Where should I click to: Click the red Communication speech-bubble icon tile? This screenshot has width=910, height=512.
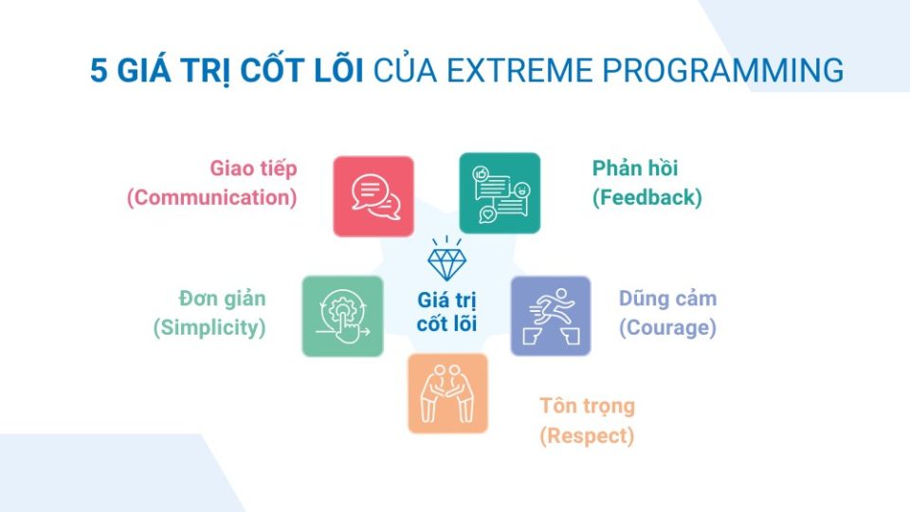coord(373,196)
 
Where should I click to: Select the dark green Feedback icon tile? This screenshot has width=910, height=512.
coord(500,193)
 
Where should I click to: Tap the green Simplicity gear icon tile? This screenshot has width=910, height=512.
coord(342,316)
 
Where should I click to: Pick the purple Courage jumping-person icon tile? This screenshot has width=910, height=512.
coord(550,316)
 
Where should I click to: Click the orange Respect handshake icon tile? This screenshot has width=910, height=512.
coord(447,393)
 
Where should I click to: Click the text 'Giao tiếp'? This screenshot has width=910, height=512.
coord(253,169)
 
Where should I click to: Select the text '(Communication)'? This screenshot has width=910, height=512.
coord(212,198)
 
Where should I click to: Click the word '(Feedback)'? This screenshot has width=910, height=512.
coord(647,198)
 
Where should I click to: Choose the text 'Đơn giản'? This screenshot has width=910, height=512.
coord(222,299)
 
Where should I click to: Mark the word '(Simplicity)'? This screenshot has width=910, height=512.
coord(209,328)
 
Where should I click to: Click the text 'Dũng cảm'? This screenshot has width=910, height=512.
coord(667,299)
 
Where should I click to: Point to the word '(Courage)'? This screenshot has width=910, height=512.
coord(667,328)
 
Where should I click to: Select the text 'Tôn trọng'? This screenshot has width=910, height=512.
coord(587,407)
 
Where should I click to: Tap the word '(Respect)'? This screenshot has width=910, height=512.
coord(587,436)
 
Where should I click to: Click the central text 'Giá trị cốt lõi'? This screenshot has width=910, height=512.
coord(446,311)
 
